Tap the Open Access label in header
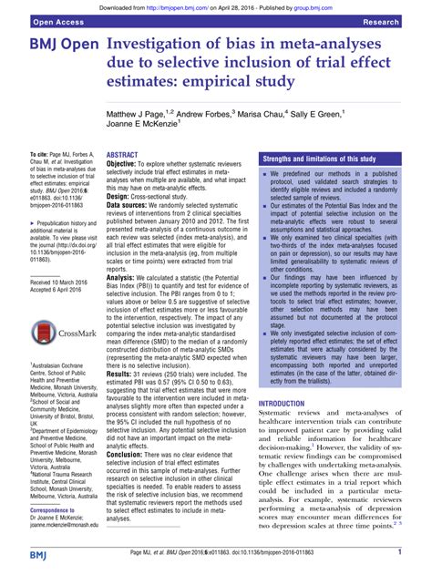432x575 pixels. [36, 19]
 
